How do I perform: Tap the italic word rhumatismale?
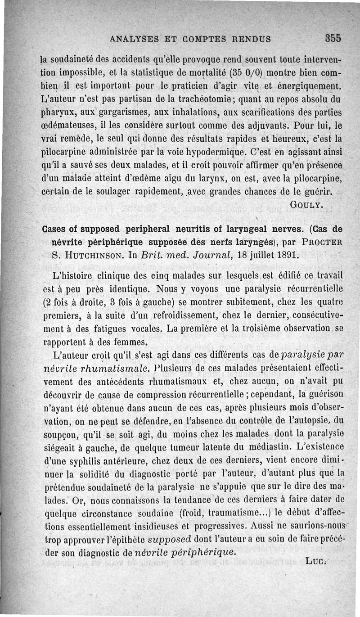click(118, 368)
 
